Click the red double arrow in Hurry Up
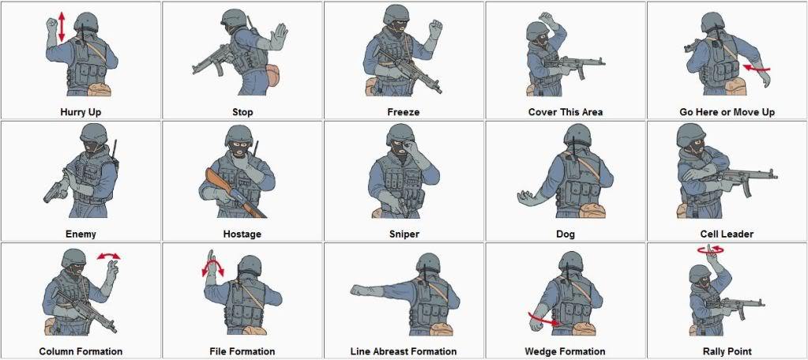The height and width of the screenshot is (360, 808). (x=62, y=28)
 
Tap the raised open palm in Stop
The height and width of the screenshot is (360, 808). (x=279, y=36)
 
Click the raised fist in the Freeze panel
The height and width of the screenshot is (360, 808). (x=435, y=29)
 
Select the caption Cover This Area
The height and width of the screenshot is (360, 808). (x=566, y=112)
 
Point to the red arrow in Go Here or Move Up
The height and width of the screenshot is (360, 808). (x=757, y=67)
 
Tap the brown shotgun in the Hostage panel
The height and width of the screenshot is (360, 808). (x=235, y=192)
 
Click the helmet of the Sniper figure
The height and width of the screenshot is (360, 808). (x=400, y=133)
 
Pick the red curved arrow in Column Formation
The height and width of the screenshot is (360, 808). (x=109, y=256)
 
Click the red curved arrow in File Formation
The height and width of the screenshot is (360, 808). (x=212, y=267)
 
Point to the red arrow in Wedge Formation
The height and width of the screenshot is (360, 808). (x=544, y=319)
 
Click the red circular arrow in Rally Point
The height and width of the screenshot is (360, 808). (x=711, y=249)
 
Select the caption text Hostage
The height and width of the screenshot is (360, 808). (x=242, y=234)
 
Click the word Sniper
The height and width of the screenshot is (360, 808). (x=404, y=234)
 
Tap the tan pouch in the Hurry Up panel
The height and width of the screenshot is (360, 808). (x=100, y=89)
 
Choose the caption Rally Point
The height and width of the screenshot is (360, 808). (x=727, y=351)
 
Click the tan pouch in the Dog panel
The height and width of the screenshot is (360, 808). (x=592, y=210)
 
